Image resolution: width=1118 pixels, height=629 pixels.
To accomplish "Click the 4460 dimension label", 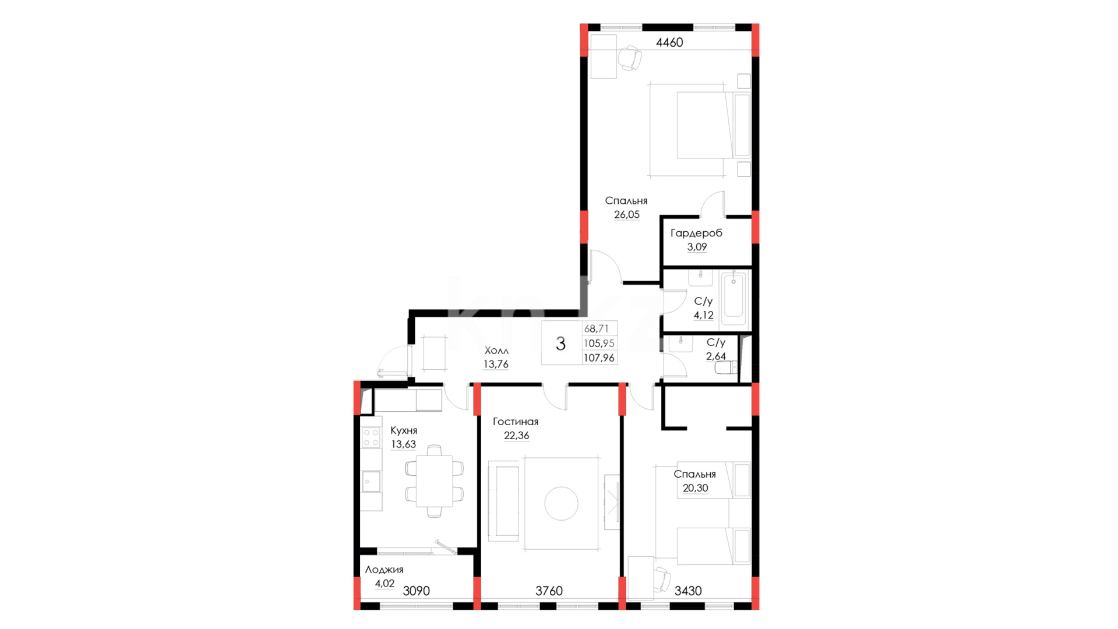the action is tap(669, 43).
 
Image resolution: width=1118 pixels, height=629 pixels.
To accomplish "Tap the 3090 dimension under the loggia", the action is tap(417, 591).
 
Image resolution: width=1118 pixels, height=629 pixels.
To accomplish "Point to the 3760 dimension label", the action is tap(549, 591).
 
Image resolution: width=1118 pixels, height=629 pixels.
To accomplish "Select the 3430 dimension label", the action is tap(688, 591).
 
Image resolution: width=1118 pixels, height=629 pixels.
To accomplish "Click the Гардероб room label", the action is tap(696, 233).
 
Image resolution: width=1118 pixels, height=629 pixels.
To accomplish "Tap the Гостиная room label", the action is tap(516, 422).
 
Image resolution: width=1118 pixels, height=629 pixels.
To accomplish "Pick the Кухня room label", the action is tap(404, 430).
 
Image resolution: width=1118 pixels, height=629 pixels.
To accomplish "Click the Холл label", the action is tap(496, 351).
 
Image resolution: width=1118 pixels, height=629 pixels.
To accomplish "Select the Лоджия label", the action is tap(384, 570).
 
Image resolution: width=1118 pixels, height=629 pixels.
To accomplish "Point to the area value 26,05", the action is tap(627, 215).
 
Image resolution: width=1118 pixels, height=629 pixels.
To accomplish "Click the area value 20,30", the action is tap(695, 488).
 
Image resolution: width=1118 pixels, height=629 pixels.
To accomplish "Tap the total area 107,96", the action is tap(599, 358).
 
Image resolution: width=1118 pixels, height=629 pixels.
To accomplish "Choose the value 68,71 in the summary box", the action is tap(596, 329).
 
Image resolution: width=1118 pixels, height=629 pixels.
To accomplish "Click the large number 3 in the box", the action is tap(560, 344).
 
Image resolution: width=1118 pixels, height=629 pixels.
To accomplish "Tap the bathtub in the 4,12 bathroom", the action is tap(733, 299).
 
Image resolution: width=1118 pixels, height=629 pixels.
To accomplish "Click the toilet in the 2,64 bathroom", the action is tap(726, 367).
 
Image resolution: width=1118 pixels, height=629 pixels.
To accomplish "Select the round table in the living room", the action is tap(561, 504).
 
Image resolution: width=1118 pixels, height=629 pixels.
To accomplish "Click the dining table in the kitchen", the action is tap(435, 481).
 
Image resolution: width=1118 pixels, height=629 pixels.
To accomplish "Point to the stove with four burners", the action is tap(371, 438).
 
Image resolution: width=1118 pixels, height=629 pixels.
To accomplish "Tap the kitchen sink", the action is tap(371, 482).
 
